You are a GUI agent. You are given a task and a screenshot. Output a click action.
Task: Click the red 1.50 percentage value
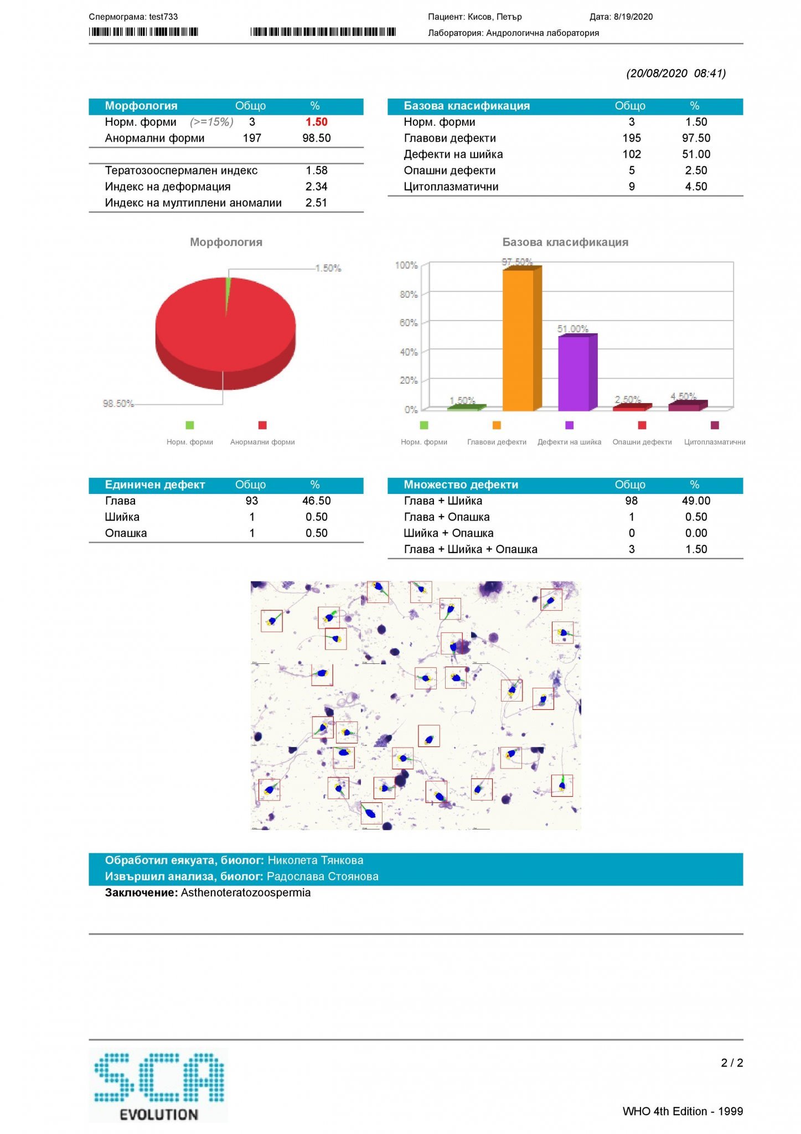(x=316, y=122)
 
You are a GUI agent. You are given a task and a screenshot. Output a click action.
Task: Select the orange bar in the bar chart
(x=519, y=340)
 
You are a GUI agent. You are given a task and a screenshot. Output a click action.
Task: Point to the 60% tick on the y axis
(x=409, y=323)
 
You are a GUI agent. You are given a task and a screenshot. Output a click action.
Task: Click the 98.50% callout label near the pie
(x=118, y=404)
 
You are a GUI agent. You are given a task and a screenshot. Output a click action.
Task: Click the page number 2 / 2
(x=731, y=1063)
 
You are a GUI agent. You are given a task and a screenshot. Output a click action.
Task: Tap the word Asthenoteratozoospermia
(x=246, y=893)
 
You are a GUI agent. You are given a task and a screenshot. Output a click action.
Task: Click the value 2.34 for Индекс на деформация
(x=316, y=187)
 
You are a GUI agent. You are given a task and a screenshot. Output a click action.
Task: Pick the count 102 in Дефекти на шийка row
(x=631, y=154)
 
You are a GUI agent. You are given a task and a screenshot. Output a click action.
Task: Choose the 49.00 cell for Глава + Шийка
(x=696, y=501)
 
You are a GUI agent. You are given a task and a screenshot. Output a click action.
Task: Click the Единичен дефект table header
(x=155, y=484)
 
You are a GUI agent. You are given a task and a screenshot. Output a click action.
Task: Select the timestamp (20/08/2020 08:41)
(x=676, y=73)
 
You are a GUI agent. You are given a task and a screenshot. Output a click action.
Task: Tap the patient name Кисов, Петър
(x=494, y=17)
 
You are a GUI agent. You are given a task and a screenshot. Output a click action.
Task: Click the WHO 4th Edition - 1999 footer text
(x=682, y=1111)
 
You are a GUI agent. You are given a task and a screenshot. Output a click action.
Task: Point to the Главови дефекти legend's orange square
(x=497, y=425)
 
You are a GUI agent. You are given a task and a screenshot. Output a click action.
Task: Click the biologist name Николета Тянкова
(x=316, y=860)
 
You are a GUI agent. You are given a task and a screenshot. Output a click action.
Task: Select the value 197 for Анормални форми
(x=252, y=138)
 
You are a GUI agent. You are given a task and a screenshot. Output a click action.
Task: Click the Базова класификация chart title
(x=565, y=242)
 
